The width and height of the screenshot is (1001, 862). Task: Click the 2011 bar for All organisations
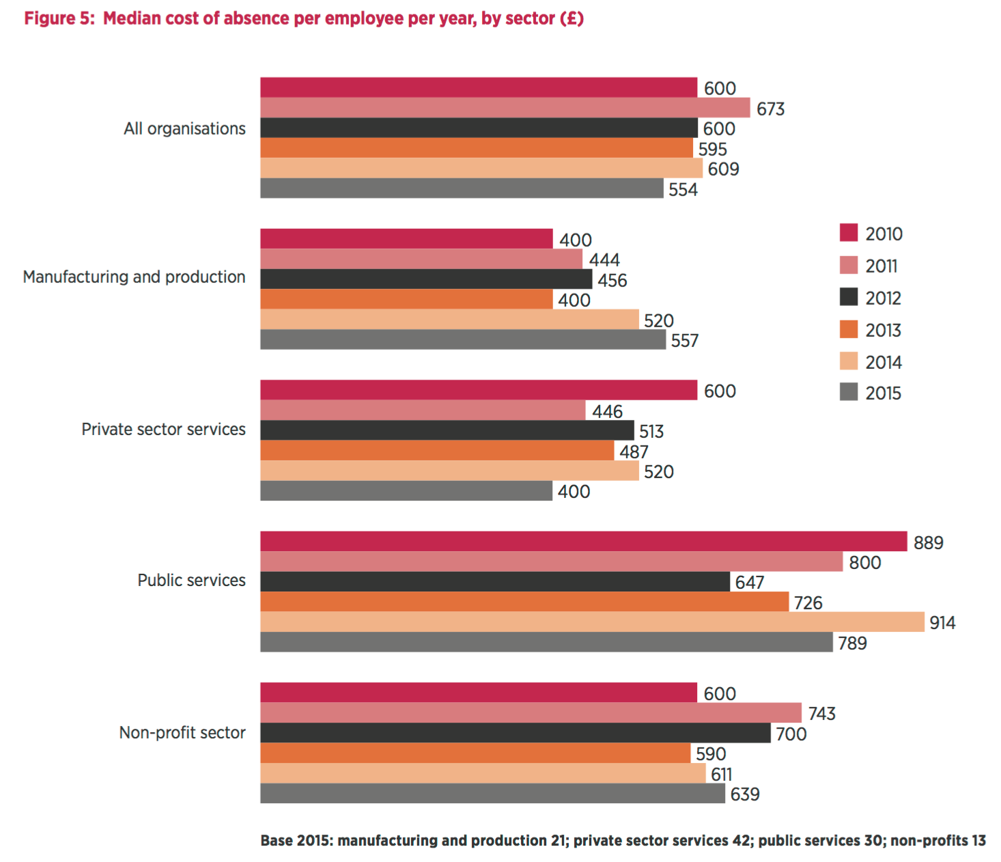click(x=505, y=108)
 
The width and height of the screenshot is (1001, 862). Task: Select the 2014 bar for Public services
click(x=592, y=622)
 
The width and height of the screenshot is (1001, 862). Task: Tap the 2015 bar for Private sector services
click(x=406, y=491)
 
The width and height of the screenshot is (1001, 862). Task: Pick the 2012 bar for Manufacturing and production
click(x=426, y=279)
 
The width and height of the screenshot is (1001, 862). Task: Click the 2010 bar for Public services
click(x=584, y=542)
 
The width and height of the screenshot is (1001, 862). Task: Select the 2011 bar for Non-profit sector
click(x=531, y=713)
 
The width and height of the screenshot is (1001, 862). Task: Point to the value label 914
click(x=942, y=623)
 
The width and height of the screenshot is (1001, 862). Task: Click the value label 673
click(x=770, y=109)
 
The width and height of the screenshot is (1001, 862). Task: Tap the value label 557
click(x=684, y=341)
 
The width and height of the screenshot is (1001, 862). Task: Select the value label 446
click(x=607, y=411)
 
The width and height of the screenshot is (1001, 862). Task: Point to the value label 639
click(x=744, y=794)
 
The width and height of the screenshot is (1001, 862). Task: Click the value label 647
click(x=749, y=583)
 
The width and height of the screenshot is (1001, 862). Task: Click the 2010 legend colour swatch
click(x=849, y=233)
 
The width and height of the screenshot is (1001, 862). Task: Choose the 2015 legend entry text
click(x=883, y=393)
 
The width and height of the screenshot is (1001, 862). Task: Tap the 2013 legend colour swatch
click(x=849, y=329)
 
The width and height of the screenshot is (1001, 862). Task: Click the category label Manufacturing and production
click(x=135, y=277)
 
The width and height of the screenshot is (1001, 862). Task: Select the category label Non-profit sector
click(x=182, y=733)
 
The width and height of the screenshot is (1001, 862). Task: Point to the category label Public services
click(x=191, y=581)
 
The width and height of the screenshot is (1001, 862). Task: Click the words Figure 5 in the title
click(x=59, y=18)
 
